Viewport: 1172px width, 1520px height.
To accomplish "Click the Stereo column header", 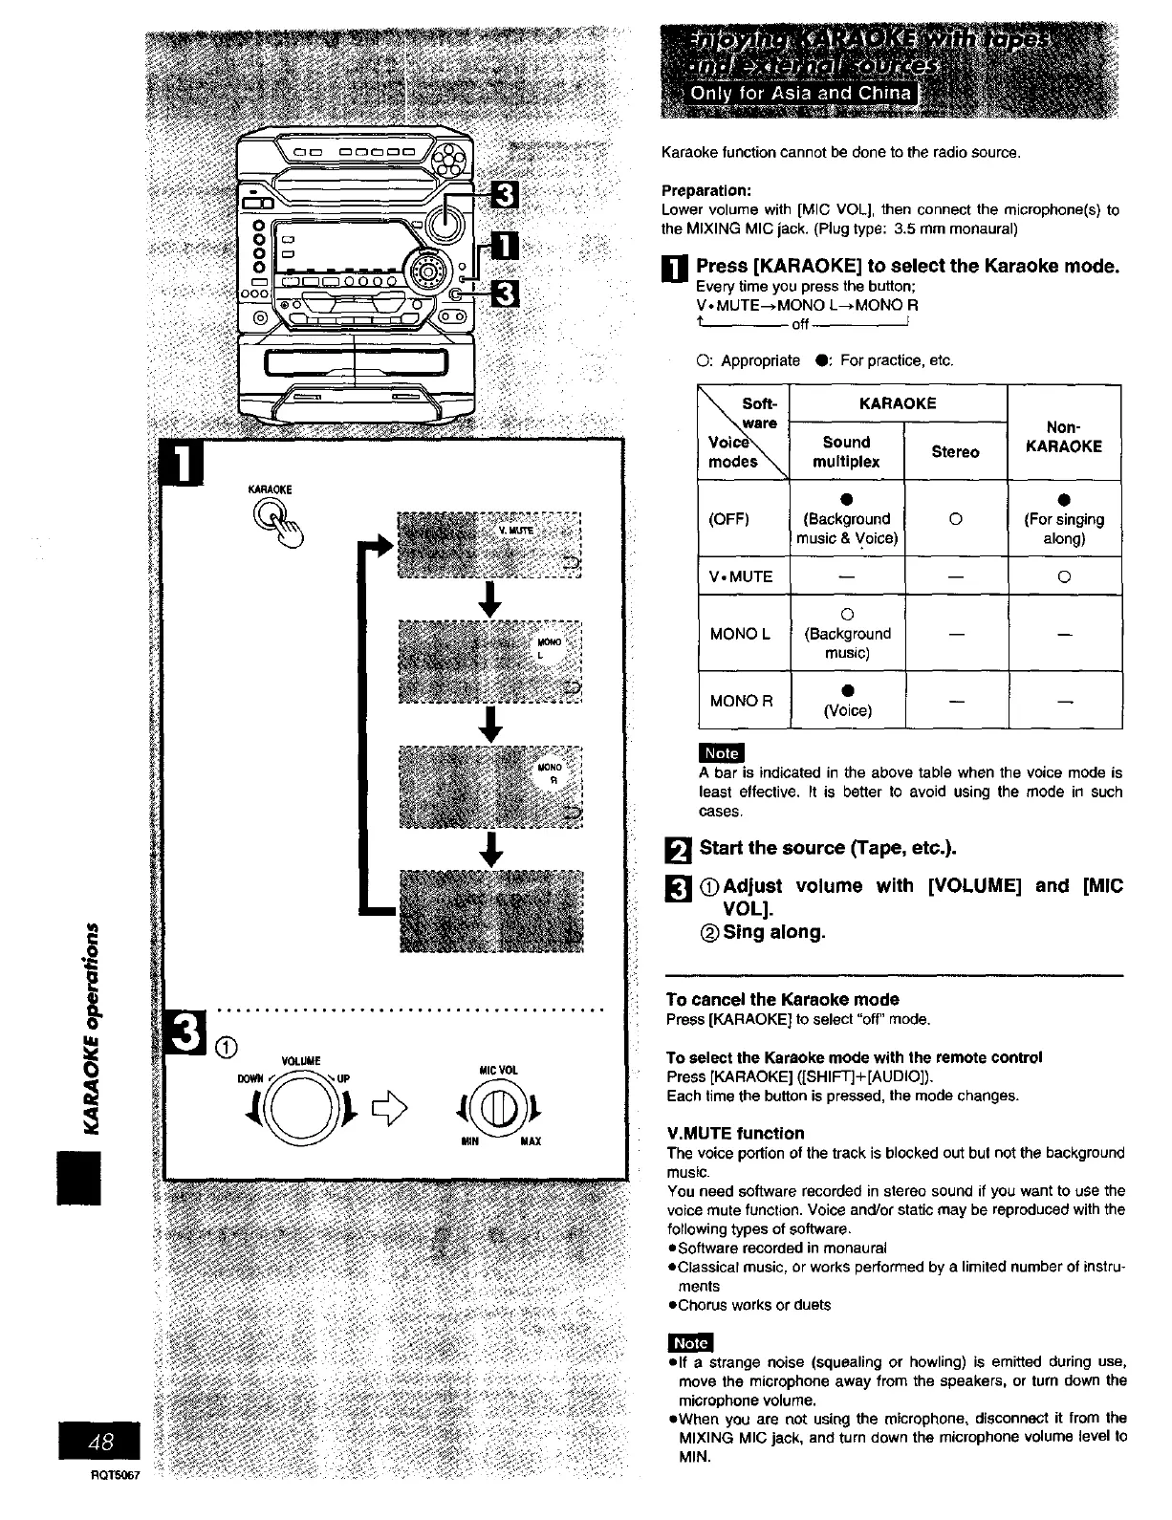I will pyautogui.click(x=955, y=451).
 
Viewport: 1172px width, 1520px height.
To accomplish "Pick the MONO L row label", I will pyautogui.click(x=740, y=633).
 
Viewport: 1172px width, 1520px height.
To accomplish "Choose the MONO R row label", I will pyautogui.click(x=741, y=701).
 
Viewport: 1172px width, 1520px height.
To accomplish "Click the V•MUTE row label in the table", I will pyautogui.click(x=740, y=576).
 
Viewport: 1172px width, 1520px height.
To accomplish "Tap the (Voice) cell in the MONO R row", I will pyautogui.click(x=847, y=710).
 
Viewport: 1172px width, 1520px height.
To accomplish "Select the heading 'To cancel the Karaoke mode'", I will pyautogui.click(x=782, y=1000).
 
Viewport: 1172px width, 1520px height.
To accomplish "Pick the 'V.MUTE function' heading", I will pyautogui.click(x=735, y=1133).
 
